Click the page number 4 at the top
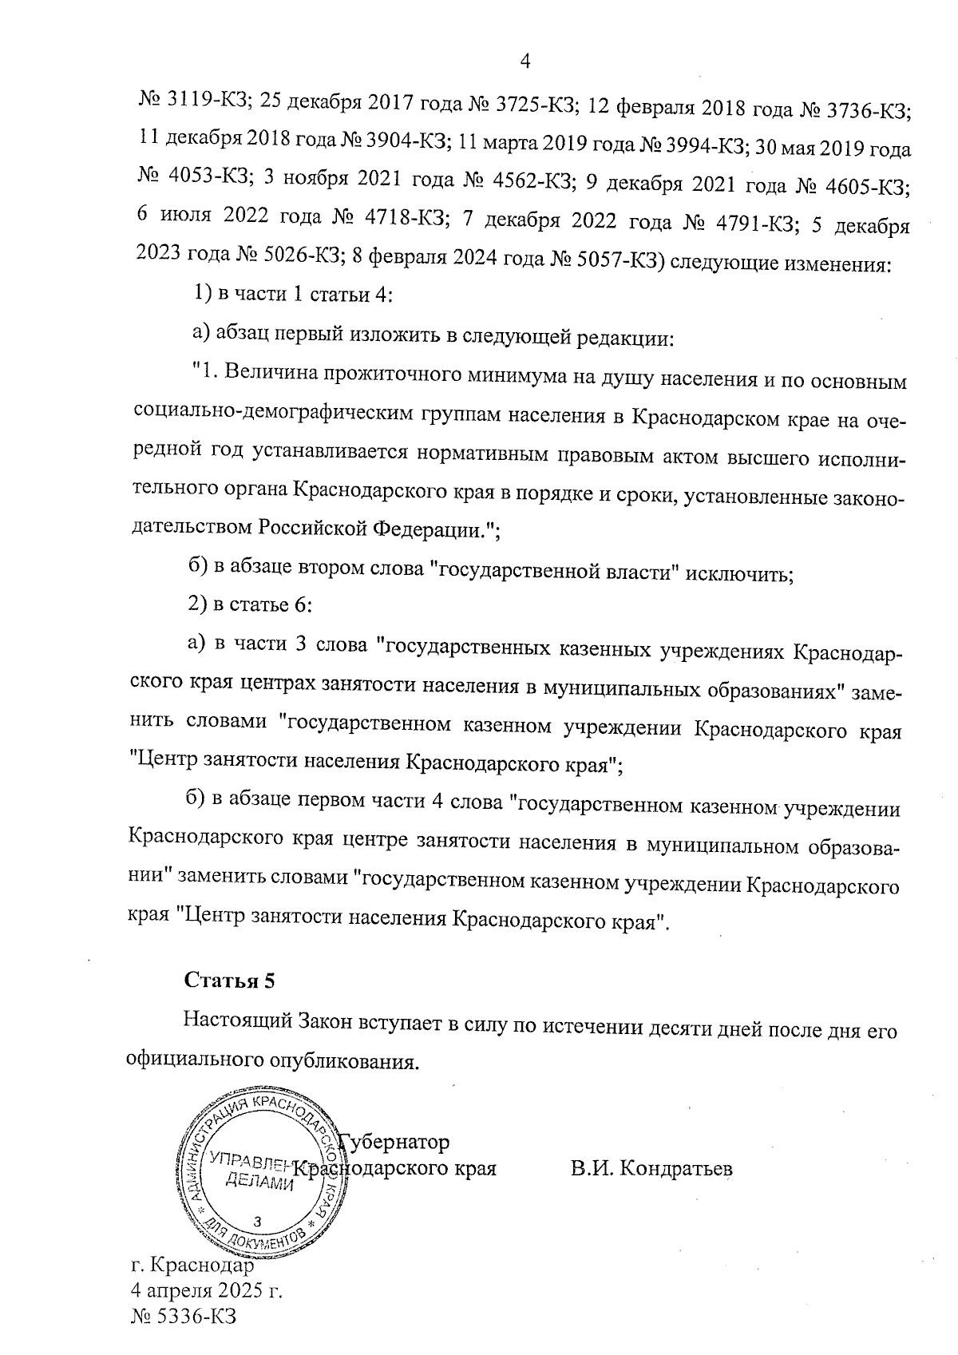(x=525, y=61)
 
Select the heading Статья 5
(x=229, y=981)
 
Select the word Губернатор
(x=395, y=1142)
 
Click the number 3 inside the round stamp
(x=256, y=1221)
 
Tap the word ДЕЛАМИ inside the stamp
(x=260, y=1184)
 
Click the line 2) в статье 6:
(x=249, y=604)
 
